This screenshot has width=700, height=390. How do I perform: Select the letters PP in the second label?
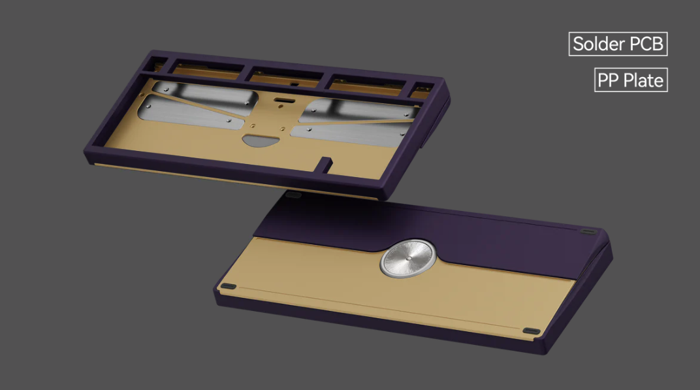click(608, 81)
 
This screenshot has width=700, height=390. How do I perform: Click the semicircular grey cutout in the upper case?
click(259, 139)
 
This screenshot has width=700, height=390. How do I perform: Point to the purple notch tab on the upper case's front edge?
click(325, 161)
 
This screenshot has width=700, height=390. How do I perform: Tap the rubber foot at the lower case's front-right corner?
click(532, 331)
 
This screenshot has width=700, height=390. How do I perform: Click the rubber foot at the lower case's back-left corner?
click(294, 195)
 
